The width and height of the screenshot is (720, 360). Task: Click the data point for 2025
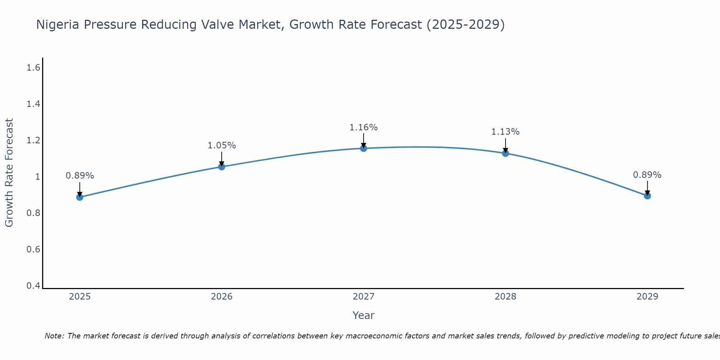[x=80, y=197]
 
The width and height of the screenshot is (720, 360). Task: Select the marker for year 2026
[x=222, y=167]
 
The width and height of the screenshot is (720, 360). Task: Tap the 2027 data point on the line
[x=364, y=148]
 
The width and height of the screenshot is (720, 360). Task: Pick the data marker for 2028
[x=505, y=153]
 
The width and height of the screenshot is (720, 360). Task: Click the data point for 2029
[x=647, y=196]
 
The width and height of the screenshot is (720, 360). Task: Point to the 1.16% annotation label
[x=364, y=127]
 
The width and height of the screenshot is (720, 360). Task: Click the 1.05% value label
[x=222, y=145]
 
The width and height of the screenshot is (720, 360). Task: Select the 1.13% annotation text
[x=505, y=132]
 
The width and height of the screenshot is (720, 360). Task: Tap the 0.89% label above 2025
[x=80, y=176]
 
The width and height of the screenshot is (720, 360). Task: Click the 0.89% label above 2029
[x=647, y=175]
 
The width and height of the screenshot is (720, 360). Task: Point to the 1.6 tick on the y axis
[x=33, y=67]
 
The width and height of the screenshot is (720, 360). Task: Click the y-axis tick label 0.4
[x=33, y=286]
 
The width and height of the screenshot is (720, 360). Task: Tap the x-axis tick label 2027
[x=364, y=297]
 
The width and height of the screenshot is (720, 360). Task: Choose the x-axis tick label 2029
[x=647, y=297]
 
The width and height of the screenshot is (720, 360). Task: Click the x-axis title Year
[x=364, y=315]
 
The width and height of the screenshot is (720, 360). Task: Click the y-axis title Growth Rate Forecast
[x=9, y=173]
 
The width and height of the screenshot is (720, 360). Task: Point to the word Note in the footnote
[x=54, y=336]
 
